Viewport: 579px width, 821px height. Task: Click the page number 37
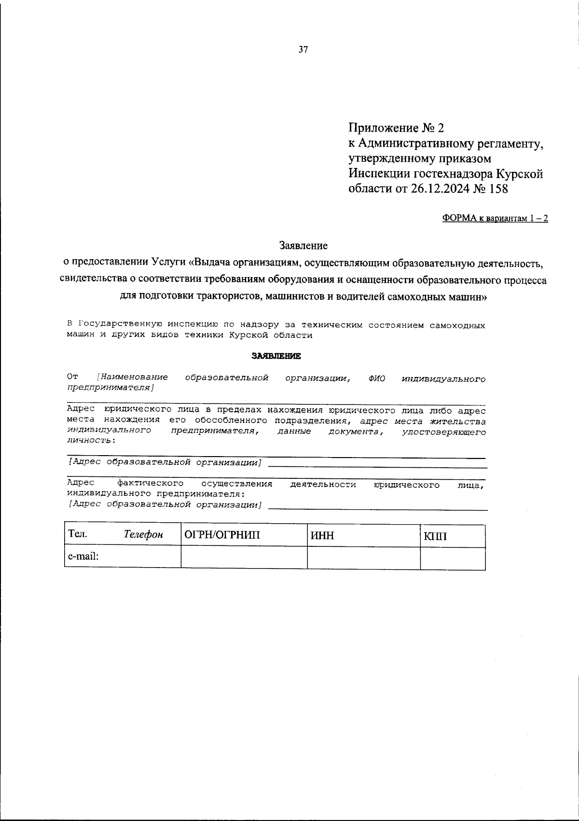303,50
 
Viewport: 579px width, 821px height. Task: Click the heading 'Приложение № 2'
396,128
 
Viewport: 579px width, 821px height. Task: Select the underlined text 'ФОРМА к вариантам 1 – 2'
495,219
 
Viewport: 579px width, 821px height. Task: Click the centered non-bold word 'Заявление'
303,246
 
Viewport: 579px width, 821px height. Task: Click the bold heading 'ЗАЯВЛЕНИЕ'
276,356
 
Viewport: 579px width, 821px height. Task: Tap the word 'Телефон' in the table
143,535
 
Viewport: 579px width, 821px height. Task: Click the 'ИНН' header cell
323,536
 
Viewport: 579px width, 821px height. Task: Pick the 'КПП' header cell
435,536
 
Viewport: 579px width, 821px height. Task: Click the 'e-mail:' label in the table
83,557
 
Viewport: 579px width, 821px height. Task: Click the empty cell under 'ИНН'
363,557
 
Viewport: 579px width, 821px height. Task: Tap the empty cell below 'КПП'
452,558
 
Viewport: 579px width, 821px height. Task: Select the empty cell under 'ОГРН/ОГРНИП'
244,557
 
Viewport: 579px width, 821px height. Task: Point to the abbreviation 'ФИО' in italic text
376,378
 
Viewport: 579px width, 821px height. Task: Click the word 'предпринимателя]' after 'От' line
110,388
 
